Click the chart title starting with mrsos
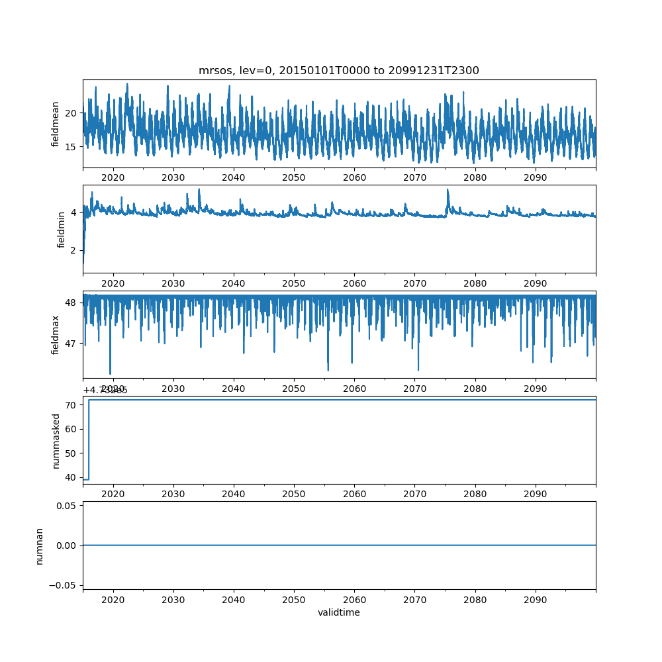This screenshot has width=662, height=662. [x=338, y=70]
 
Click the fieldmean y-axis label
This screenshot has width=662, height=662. [x=56, y=124]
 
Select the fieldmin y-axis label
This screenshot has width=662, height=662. [x=62, y=229]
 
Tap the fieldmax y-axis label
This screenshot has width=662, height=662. [x=56, y=334]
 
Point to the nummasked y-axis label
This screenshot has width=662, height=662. [x=56, y=440]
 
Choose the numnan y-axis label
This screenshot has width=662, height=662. [x=39, y=545]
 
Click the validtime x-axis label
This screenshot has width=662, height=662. [x=338, y=613]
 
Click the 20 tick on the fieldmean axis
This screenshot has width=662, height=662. [x=70, y=113]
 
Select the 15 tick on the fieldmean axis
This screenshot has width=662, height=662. [x=70, y=146]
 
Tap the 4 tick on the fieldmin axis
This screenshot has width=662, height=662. [x=73, y=213]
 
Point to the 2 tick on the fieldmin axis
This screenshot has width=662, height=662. [x=73, y=251]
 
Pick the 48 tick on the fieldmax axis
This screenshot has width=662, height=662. [x=70, y=303]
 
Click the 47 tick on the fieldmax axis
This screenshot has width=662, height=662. [x=70, y=344]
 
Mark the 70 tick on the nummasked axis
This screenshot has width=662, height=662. [x=70, y=404]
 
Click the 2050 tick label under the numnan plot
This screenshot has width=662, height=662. [x=294, y=598]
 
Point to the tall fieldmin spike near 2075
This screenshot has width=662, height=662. [x=448, y=191]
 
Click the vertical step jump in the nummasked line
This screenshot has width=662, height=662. [x=89, y=439]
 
